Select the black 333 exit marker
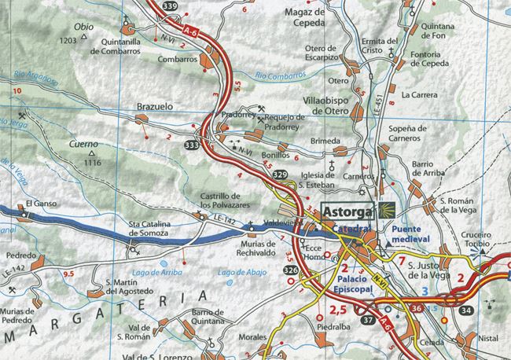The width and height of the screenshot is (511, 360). (x=191, y=145)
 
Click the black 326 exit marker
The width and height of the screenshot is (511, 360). (x=291, y=270)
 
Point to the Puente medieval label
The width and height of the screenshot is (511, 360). (x=414, y=235)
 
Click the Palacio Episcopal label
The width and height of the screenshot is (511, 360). (x=360, y=284)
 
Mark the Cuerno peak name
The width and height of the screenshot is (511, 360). (x=80, y=145)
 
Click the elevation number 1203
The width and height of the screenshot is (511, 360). (x=68, y=39)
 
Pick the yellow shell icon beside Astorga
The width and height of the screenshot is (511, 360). (x=388, y=211)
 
